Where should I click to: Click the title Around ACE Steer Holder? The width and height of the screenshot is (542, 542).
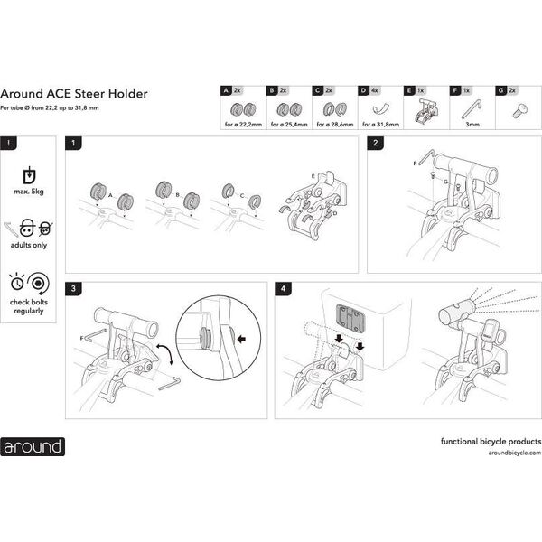(74, 93)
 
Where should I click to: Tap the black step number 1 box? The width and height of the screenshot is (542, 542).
(73, 143)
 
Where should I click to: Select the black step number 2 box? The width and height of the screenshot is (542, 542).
(375, 143)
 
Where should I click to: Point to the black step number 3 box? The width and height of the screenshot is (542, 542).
(73, 289)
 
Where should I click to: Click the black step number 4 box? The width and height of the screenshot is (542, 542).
(285, 289)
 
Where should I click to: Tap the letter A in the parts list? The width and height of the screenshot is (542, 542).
(226, 91)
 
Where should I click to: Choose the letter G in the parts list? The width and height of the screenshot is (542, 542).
(500, 91)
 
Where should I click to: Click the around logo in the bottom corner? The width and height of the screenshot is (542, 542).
(33, 446)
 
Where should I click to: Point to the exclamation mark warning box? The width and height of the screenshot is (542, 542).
(8, 143)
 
